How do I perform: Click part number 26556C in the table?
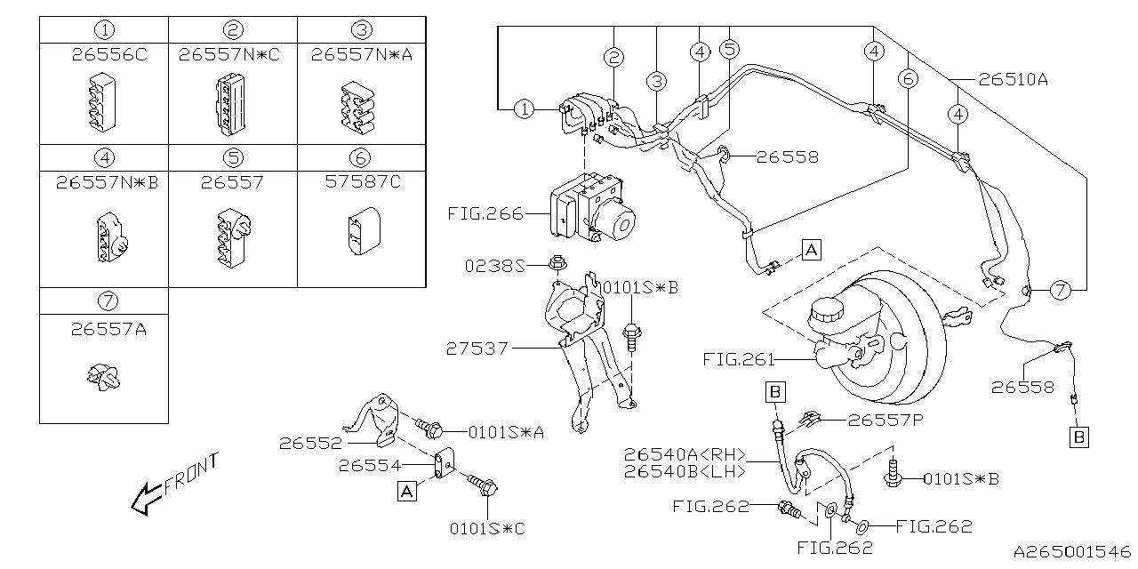click(x=109, y=54)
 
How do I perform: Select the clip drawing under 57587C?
click(x=364, y=231)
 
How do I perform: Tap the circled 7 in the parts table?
click(x=108, y=301)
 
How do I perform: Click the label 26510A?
click(x=1013, y=80)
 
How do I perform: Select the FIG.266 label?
click(x=485, y=214)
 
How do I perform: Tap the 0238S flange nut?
click(x=557, y=264)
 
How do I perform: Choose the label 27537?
click(x=477, y=349)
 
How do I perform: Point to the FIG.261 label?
click(x=738, y=360)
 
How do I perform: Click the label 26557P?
click(x=886, y=421)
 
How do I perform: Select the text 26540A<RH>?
click(x=685, y=453)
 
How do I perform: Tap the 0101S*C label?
click(x=487, y=529)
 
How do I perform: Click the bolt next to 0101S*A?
click(x=429, y=429)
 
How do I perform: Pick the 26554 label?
click(x=369, y=465)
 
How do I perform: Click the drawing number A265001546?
click(x=1072, y=551)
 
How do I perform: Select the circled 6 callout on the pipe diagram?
click(x=908, y=78)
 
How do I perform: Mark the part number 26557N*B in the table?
click(x=108, y=182)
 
